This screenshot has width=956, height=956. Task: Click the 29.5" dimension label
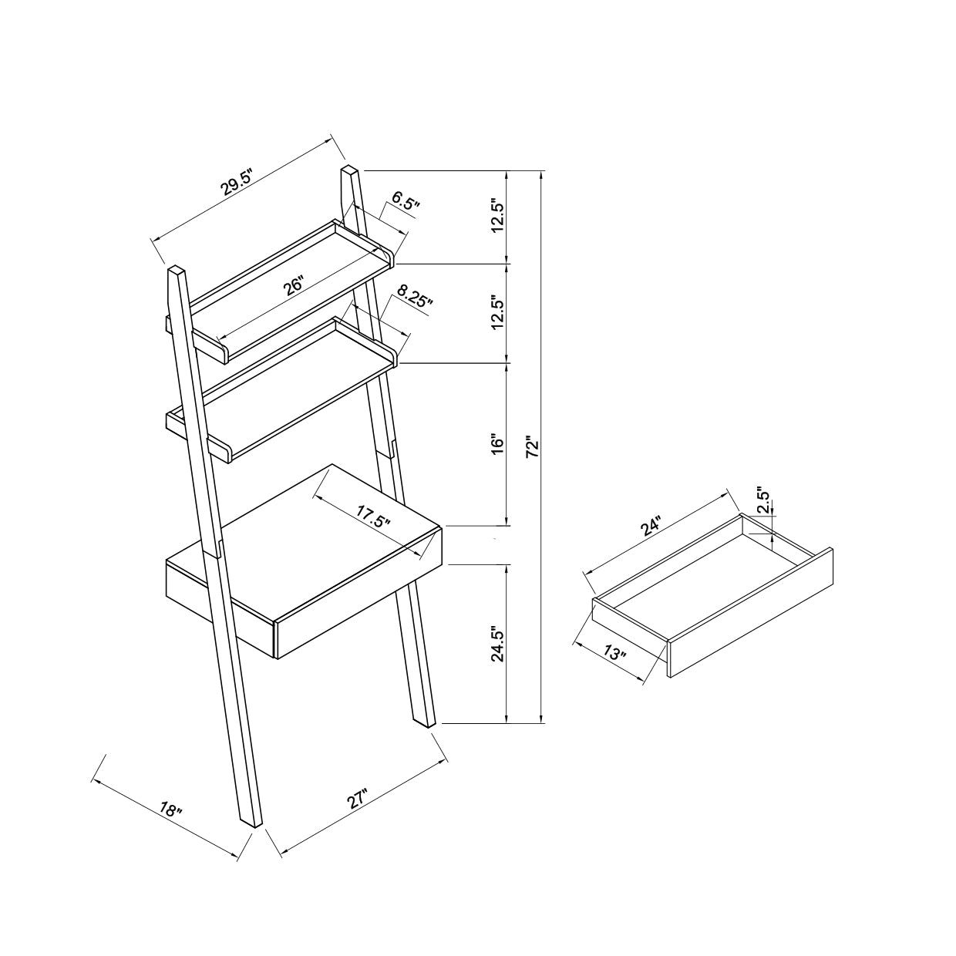(x=237, y=182)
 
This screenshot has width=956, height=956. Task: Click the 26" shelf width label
(x=293, y=286)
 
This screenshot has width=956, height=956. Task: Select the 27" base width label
(x=357, y=799)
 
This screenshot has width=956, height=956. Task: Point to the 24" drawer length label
(x=651, y=527)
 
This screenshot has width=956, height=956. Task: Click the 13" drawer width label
(x=614, y=653)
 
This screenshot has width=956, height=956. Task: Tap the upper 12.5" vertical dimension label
(x=497, y=217)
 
